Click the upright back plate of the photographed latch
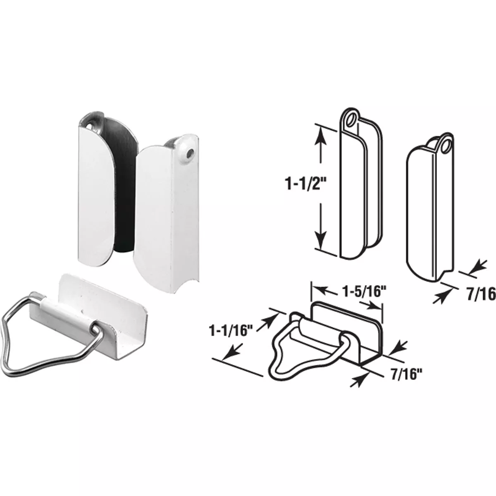click(x=103, y=289)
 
